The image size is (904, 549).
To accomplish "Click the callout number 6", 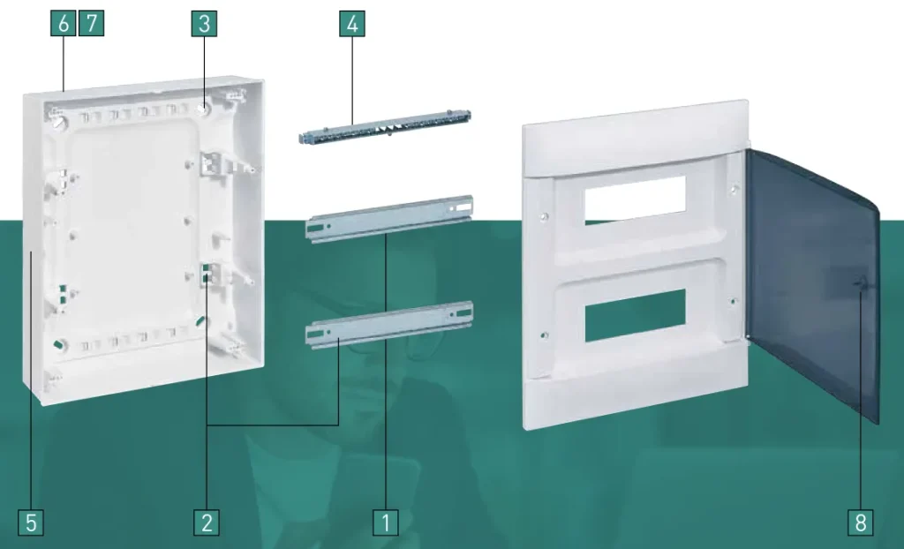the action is click(63, 24).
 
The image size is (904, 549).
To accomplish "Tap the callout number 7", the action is click(91, 24).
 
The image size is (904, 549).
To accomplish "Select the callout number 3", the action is click(204, 24).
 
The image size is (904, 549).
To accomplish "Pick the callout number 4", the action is click(352, 24).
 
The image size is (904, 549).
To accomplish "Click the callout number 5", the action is click(31, 523).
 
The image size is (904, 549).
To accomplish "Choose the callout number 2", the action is click(207, 523).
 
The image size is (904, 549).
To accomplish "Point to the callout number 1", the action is click(386, 523).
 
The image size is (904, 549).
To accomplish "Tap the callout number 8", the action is click(861, 523).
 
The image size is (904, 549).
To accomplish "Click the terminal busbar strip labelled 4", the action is click(385, 127).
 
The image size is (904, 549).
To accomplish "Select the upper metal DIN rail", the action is click(389, 219).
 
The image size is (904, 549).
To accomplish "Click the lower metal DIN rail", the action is click(389, 325).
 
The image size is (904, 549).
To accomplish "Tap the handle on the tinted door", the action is click(862, 282).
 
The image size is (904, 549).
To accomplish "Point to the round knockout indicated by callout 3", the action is click(202, 109).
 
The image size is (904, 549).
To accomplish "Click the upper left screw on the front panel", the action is click(544, 217).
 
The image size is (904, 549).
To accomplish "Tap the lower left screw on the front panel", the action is click(543, 335).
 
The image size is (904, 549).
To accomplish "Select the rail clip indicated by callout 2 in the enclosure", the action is click(210, 274).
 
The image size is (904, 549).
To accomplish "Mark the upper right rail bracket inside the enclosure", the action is click(212, 162).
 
